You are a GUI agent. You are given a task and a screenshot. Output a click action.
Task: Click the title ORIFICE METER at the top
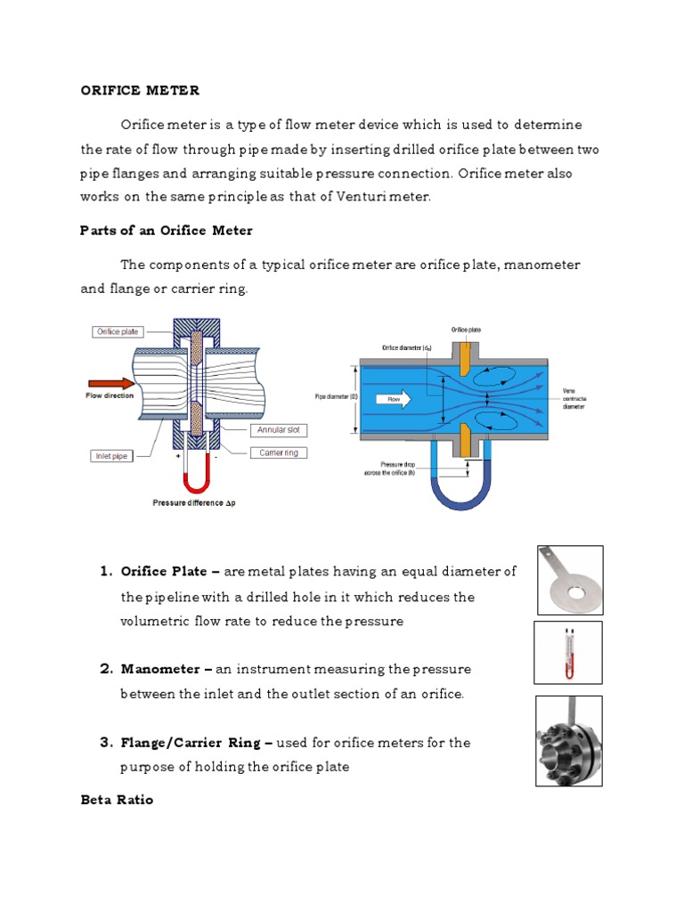click(140, 91)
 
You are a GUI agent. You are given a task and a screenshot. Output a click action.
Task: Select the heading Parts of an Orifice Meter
click(167, 231)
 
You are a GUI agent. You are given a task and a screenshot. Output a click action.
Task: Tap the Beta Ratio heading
click(117, 800)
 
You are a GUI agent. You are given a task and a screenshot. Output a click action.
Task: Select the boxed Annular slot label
click(278, 430)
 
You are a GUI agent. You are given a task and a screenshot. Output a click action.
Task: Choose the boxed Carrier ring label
click(279, 452)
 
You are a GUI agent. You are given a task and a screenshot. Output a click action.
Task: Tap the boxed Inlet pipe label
click(111, 456)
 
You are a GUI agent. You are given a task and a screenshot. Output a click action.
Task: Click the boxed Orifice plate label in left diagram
click(118, 331)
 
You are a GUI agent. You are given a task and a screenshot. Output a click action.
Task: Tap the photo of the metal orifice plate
click(570, 581)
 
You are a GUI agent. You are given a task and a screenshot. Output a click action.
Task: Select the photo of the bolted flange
click(568, 741)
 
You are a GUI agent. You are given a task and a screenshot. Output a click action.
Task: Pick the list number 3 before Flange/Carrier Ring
click(104, 743)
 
